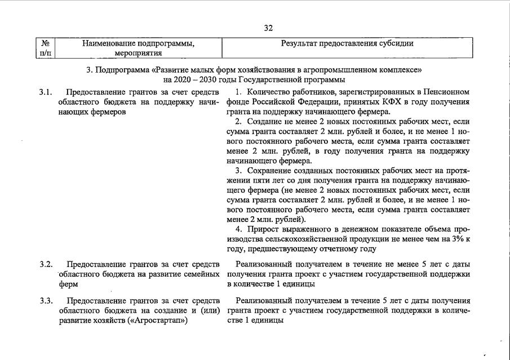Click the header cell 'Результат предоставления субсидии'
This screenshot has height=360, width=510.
coord(347,43)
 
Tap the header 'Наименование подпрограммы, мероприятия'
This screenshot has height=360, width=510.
coord(138,48)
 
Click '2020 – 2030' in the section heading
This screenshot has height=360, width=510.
coord(203,80)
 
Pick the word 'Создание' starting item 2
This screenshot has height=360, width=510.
coord(264,121)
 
